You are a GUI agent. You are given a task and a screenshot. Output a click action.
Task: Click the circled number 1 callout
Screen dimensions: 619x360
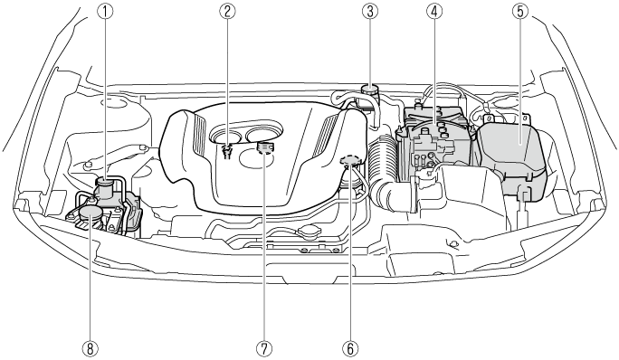[x=105, y=11]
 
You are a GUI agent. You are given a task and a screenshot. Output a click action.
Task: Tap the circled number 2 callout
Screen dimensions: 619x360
[x=227, y=11]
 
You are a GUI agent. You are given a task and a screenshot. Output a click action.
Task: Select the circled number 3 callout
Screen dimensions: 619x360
[x=370, y=11]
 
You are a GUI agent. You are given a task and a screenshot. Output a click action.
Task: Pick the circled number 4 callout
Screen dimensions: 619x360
[x=434, y=11]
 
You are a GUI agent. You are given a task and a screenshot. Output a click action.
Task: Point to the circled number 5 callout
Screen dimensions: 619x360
[x=520, y=11]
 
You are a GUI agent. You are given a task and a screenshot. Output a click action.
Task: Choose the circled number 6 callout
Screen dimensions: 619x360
[x=351, y=348]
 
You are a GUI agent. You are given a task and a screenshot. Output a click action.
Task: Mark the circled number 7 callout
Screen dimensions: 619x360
[x=264, y=348]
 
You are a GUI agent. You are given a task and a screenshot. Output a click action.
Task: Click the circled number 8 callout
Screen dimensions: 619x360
[x=90, y=348]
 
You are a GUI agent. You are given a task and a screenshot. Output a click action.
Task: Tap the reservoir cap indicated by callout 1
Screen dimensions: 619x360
[x=105, y=182]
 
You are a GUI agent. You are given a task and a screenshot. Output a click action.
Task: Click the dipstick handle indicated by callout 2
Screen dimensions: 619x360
[x=227, y=150]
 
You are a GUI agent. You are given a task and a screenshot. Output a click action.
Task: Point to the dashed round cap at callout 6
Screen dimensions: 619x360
[x=350, y=160]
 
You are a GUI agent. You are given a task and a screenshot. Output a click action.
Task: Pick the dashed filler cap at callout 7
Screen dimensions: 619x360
[x=264, y=147]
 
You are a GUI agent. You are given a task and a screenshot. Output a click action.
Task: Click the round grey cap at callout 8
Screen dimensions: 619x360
[x=90, y=213]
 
